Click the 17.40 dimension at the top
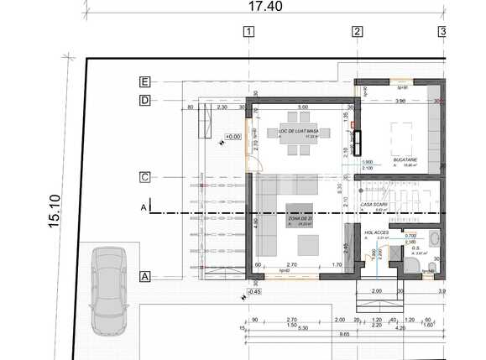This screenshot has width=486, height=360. tap(265, 7)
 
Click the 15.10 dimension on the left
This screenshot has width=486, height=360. tap(55, 211)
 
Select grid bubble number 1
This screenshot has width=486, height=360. tap(248, 33)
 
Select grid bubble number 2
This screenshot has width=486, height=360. tap(357, 33)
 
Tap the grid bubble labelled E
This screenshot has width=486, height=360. tap(145, 82)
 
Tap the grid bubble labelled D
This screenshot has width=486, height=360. tap(145, 101)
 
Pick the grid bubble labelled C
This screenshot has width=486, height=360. tap(145, 177)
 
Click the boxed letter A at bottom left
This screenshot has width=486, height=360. tap(145, 276)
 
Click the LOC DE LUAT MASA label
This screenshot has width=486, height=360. tap(298, 132)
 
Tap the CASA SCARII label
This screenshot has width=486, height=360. tap(374, 204)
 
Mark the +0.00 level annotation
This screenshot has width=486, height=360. tap(232, 136)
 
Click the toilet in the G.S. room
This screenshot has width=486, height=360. tap(411, 266)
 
